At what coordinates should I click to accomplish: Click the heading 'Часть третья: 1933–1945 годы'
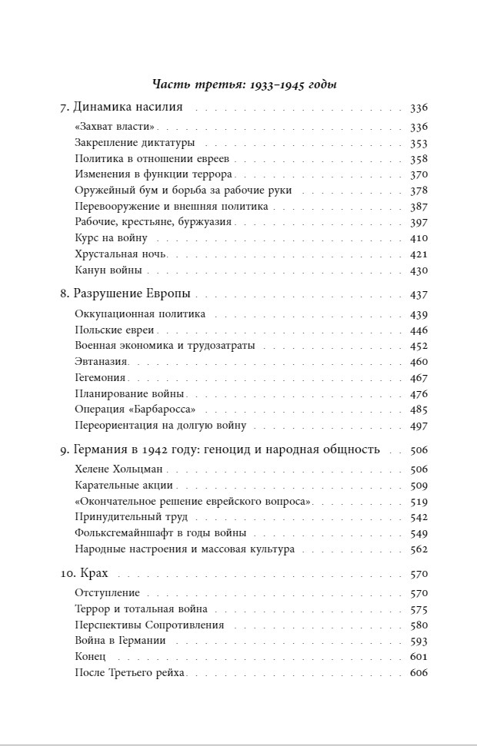tap(245, 85)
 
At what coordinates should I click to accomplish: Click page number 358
tap(419, 159)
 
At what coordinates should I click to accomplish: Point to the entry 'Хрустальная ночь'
tap(121, 254)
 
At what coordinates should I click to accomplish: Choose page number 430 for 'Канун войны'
tap(419, 270)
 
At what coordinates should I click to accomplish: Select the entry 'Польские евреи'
tap(115, 330)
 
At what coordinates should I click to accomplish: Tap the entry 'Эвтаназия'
tap(101, 362)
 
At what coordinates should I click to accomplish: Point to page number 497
tap(419, 426)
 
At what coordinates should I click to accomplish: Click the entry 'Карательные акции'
tap(124, 486)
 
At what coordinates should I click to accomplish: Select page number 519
tap(419, 502)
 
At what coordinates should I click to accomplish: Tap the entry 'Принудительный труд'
tap(131, 517)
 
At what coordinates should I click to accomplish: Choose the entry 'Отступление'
tap(107, 593)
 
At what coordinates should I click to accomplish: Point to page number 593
tap(419, 641)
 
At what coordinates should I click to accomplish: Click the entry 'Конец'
tap(90, 657)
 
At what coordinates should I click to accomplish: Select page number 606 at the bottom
tap(419, 673)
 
